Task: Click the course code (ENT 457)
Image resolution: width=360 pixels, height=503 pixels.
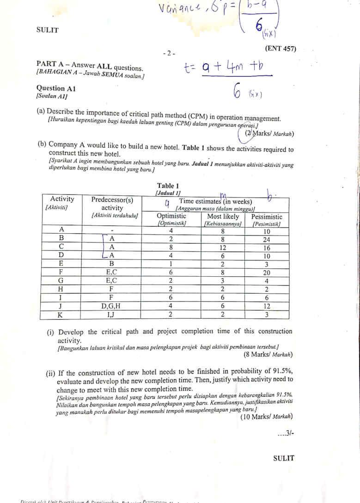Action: click(281, 49)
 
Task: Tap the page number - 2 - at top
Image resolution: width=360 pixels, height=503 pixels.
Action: click(169, 53)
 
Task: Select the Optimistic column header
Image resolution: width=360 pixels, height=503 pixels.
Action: click(171, 217)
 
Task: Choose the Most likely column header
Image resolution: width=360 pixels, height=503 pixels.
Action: click(223, 217)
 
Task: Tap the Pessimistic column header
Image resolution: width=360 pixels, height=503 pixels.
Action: click(267, 217)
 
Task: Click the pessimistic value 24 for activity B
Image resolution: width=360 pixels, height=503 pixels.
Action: click(267, 239)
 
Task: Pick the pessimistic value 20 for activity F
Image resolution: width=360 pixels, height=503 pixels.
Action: click(267, 273)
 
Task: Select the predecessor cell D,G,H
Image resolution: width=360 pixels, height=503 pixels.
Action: click(111, 306)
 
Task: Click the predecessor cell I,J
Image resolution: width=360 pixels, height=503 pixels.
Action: click(111, 315)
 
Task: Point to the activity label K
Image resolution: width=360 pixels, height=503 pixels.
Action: click(60, 315)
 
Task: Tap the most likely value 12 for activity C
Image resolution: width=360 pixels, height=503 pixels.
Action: click(223, 248)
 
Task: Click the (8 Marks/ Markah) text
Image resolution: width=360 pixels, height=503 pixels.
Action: click(268, 355)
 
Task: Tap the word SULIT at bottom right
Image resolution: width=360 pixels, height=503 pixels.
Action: click(283, 459)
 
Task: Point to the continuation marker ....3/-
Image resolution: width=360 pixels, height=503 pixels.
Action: click(285, 433)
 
